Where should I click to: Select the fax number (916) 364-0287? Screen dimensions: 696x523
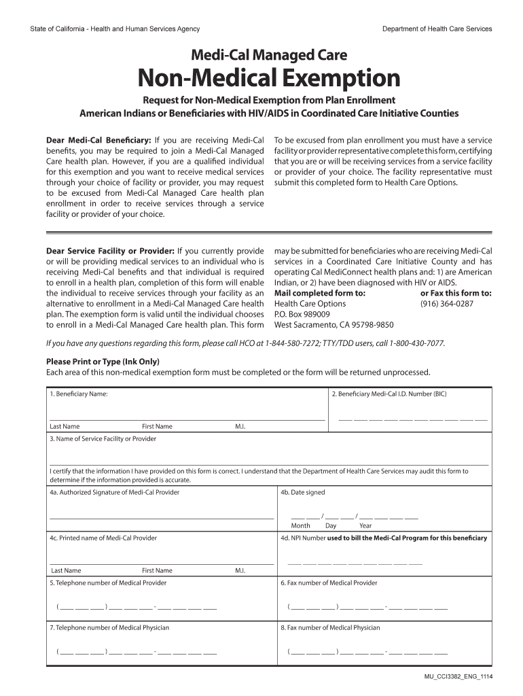click(x=446, y=304)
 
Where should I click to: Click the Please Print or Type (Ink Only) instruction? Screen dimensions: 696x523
click(x=103, y=361)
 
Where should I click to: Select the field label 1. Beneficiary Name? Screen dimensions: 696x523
click(x=78, y=394)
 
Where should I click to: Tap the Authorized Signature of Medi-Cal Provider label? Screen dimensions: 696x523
click(x=114, y=492)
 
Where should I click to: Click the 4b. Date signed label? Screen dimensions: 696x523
click(x=303, y=492)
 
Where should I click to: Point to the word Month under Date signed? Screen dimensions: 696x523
click(x=300, y=525)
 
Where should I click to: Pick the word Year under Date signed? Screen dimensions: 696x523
click(x=365, y=525)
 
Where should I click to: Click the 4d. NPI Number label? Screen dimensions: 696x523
click(x=384, y=538)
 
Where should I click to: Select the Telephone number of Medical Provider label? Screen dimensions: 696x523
click(x=107, y=582)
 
